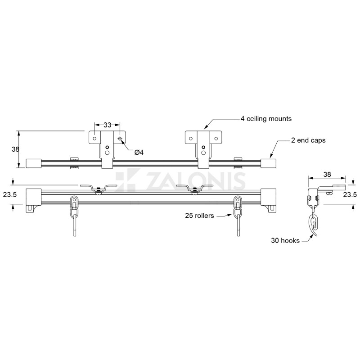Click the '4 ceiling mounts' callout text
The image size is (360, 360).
[x=266, y=119]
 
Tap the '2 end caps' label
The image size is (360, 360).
[x=308, y=140]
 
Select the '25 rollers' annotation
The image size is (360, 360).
[x=199, y=216]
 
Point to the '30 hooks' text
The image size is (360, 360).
[x=285, y=240]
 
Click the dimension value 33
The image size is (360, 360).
[x=107, y=125]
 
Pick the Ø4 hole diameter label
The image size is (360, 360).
[x=139, y=152]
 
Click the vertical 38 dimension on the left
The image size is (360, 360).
[x=15, y=149]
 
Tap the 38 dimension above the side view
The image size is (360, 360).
[x=327, y=175]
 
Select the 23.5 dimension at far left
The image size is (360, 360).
[x=10, y=195]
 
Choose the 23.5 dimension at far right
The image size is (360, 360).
[x=350, y=195]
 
